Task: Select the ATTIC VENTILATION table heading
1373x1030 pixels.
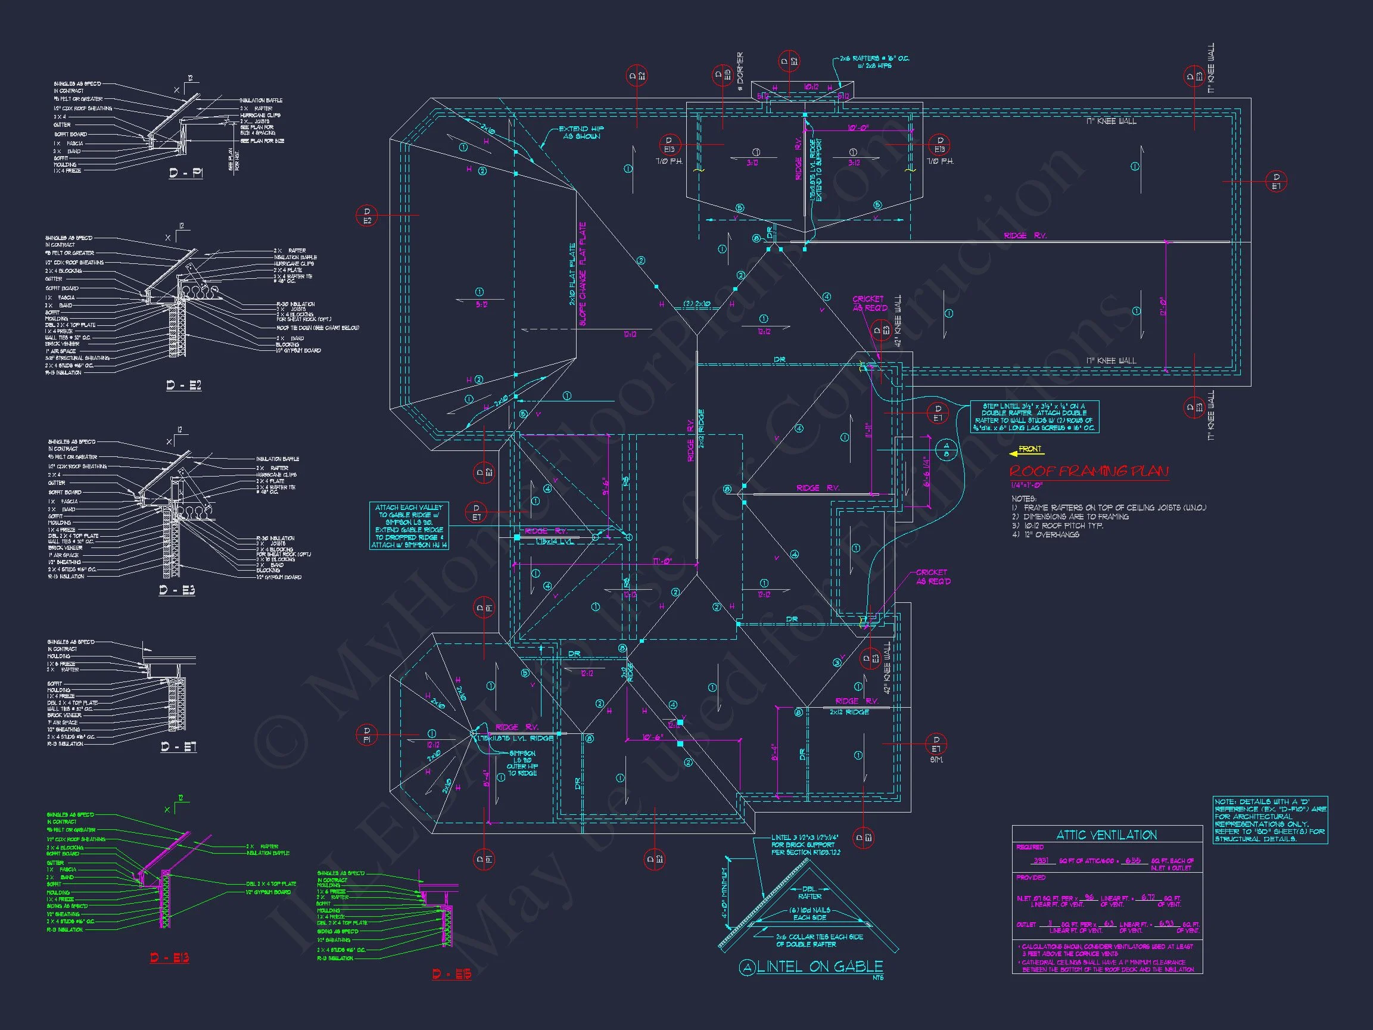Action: pos(1107,835)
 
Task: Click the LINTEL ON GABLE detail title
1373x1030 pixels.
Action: pos(819,966)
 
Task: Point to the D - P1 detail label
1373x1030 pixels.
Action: pos(186,173)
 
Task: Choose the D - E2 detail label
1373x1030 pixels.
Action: pos(183,385)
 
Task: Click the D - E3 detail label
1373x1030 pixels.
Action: pos(177,590)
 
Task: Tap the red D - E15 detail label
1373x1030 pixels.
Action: pos(452,973)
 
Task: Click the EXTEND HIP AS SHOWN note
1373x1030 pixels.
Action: pos(581,132)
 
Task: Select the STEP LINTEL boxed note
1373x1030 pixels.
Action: pos(1034,416)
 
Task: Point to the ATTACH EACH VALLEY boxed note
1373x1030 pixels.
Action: pos(409,526)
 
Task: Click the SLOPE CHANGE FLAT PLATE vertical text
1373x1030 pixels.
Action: pos(583,273)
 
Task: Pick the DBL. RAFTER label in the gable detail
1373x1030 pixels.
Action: pos(810,892)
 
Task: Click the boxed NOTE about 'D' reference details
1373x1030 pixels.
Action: pos(1270,820)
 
